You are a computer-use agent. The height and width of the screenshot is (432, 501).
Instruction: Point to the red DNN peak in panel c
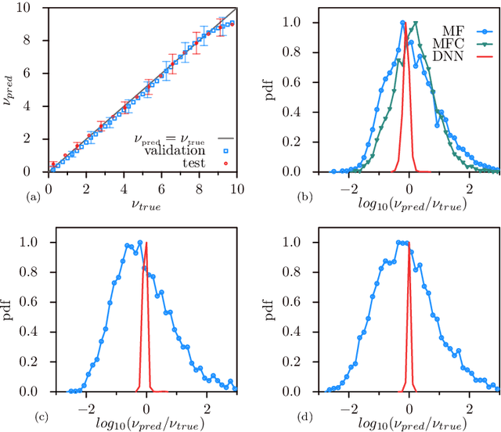tap(146, 243)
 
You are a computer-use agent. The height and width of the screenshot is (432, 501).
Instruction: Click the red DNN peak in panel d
tap(409, 243)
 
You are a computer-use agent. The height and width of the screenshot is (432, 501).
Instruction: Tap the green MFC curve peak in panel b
tap(416, 23)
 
